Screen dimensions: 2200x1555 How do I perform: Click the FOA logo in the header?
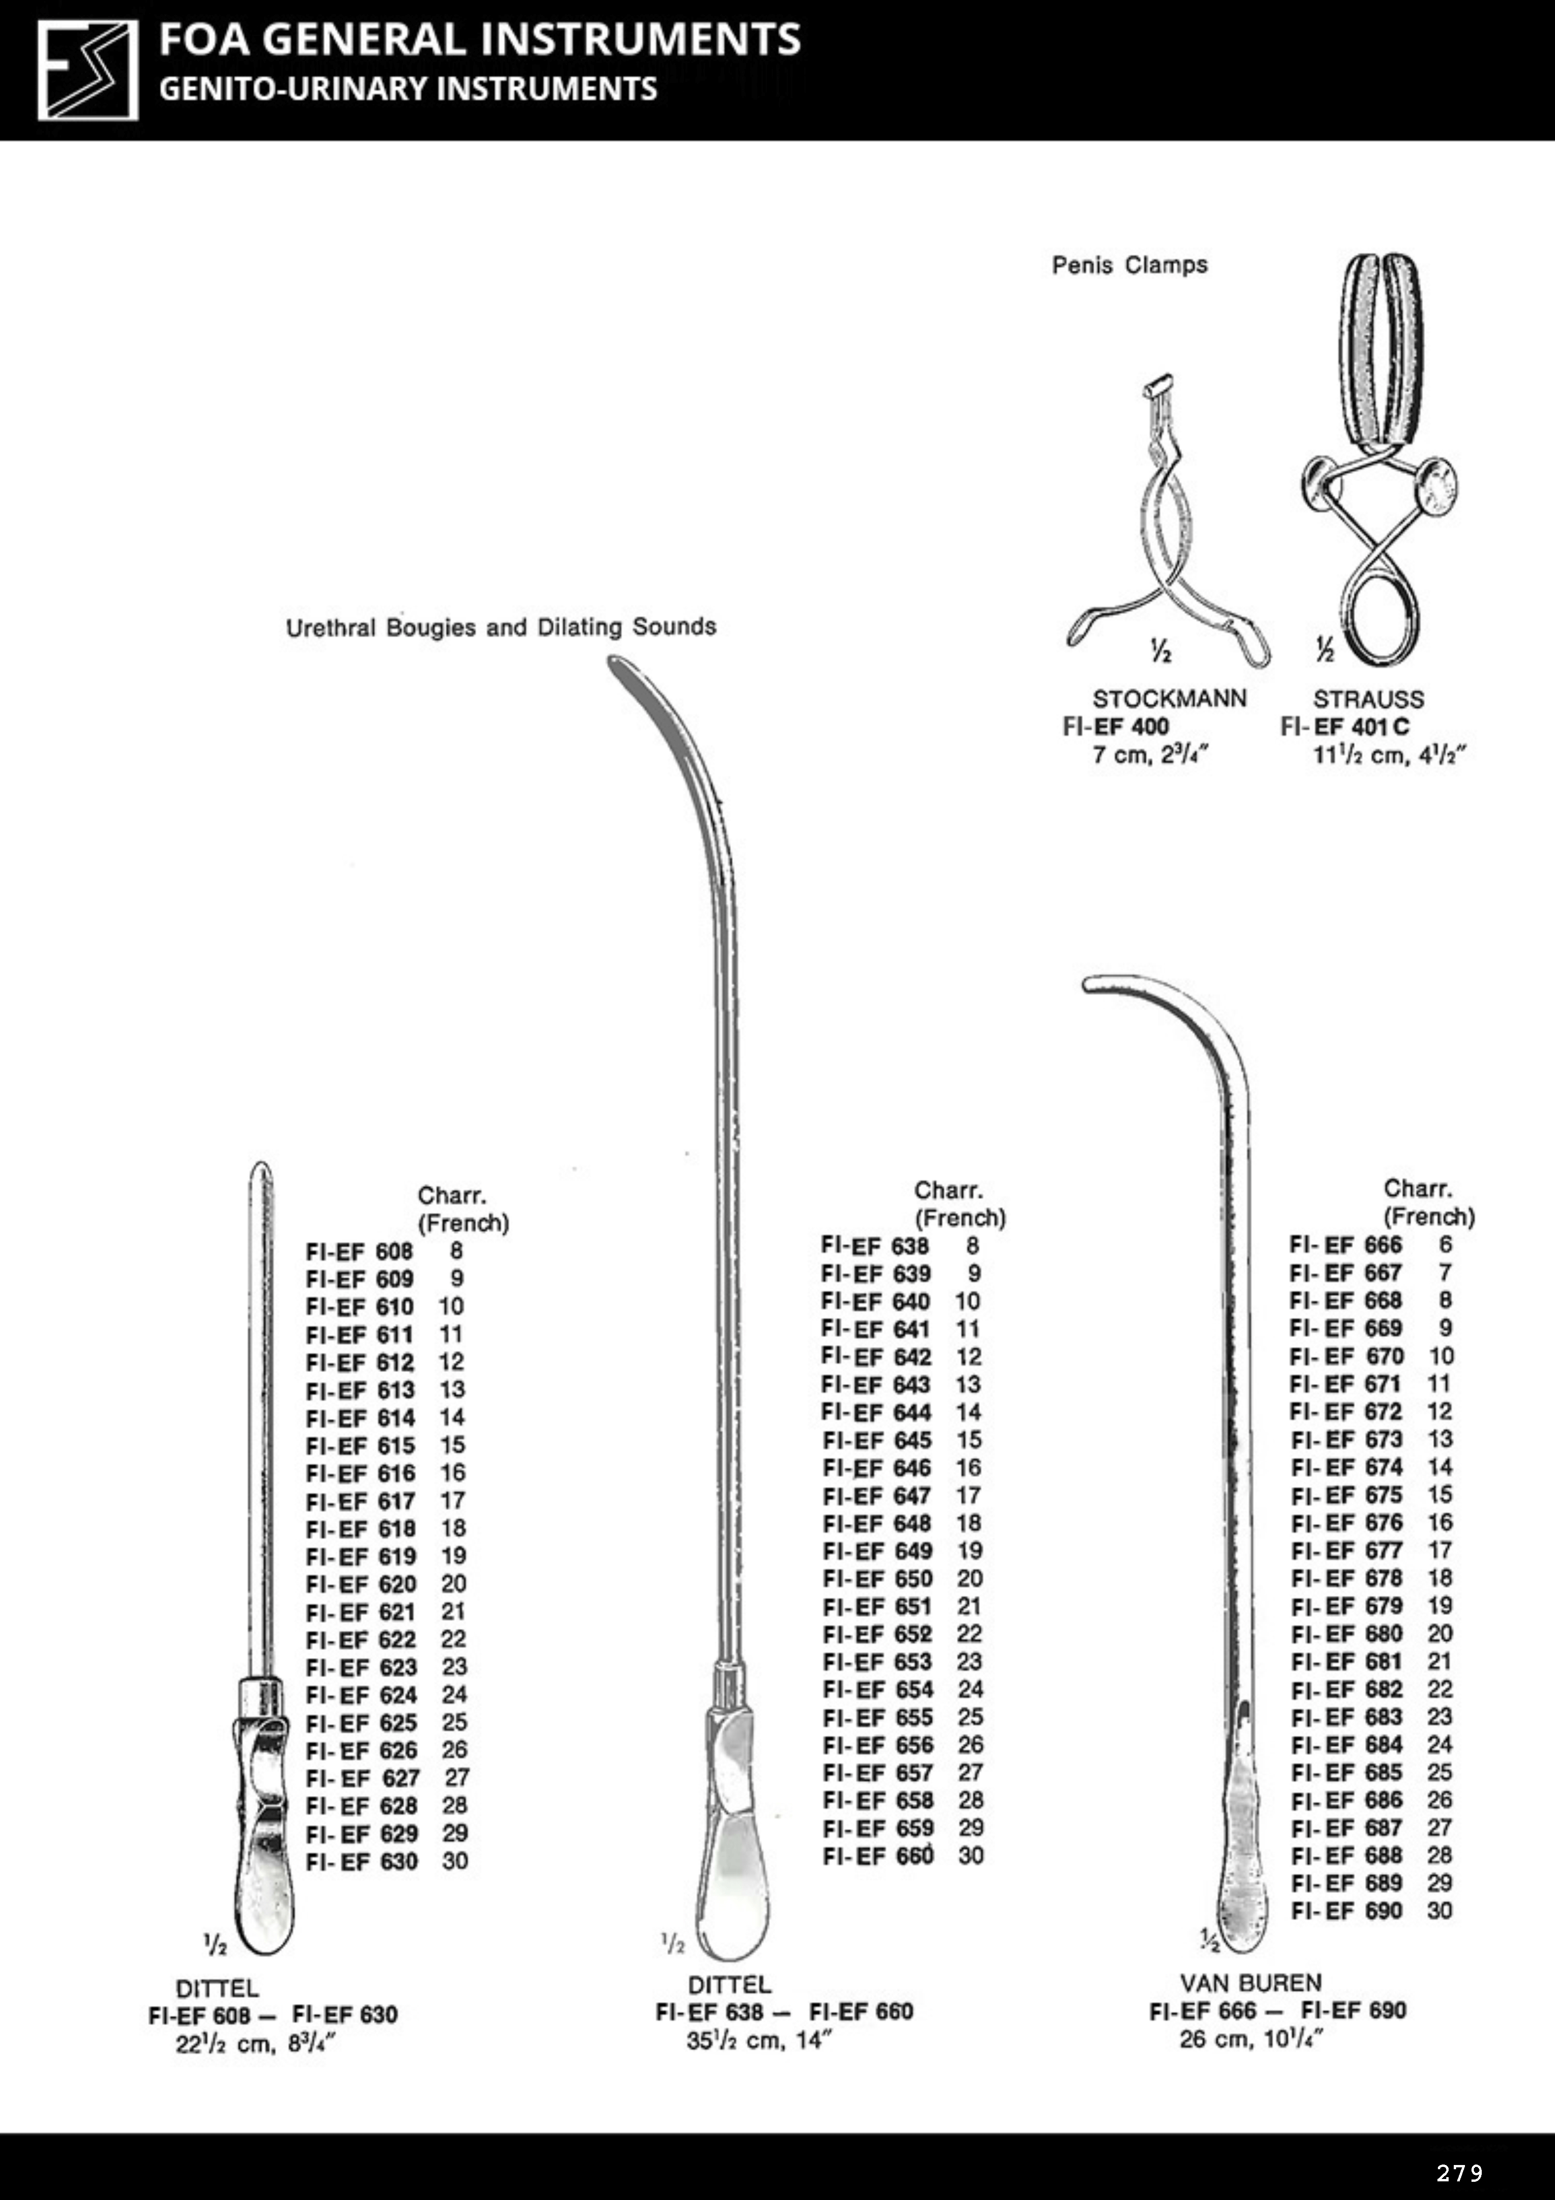[87, 71]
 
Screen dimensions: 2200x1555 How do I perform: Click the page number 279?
[1459, 2172]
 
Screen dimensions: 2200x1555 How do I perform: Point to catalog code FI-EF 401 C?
[1344, 726]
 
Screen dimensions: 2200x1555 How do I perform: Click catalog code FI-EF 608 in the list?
[359, 1252]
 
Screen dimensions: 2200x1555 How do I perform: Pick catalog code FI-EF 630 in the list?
[361, 1861]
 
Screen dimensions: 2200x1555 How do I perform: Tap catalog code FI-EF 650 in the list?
[877, 1578]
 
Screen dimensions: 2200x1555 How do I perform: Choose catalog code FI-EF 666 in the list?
[1345, 1245]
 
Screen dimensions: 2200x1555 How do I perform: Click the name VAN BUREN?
[1250, 1983]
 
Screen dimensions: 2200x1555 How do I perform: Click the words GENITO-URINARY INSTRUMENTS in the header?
[408, 89]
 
